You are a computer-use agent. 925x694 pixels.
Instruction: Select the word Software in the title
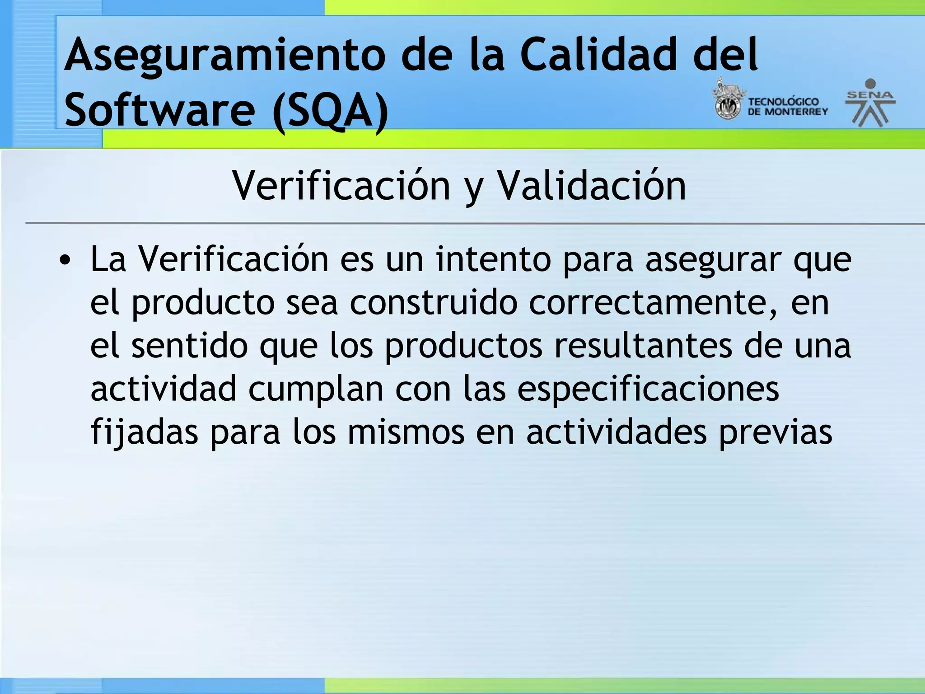tap(159, 110)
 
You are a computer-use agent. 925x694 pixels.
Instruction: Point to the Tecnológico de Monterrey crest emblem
tap(728, 100)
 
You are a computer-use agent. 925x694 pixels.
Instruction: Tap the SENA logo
tap(870, 103)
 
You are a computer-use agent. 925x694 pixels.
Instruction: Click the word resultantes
tap(643, 346)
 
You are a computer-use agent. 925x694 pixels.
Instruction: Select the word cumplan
tap(316, 389)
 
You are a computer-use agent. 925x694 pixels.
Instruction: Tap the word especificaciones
tap(648, 389)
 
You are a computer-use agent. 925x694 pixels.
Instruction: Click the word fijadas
tap(144, 432)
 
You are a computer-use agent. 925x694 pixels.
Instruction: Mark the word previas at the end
tap(776, 432)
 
